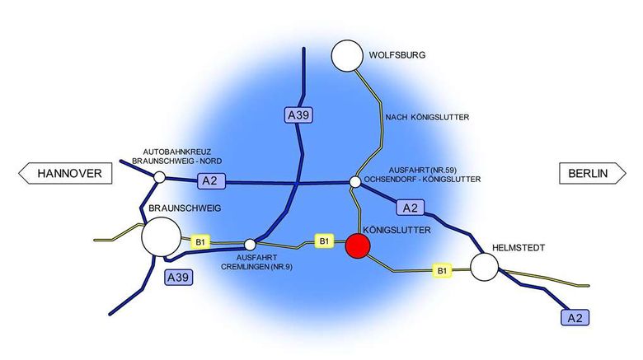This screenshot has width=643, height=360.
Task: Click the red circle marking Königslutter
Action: coord(358,245)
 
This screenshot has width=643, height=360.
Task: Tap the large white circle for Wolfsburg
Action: coord(347,56)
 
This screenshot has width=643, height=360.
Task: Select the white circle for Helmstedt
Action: coord(484,267)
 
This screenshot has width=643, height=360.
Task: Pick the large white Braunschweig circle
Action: coord(161,237)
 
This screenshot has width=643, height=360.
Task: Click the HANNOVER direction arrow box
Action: coord(65,174)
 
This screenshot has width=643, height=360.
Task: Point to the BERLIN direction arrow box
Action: coord(593,174)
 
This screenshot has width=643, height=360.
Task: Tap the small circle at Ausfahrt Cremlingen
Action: coord(250,245)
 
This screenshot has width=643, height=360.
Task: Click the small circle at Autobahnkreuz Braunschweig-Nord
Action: coord(160,178)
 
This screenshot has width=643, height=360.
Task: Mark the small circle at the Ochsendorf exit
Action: coord(355,182)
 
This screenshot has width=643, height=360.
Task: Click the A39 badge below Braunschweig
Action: coord(178,278)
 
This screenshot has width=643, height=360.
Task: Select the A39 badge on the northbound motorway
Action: coord(298,115)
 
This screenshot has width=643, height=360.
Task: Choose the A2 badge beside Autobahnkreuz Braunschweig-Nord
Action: coord(212,180)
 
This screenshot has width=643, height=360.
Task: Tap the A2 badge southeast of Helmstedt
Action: coord(575,318)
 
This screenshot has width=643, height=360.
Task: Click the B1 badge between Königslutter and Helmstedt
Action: coord(442,270)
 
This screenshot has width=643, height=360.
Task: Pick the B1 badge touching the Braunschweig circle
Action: coord(200,242)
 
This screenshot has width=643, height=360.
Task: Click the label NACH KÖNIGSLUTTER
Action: coord(427,117)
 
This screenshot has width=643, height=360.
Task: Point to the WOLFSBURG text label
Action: coord(397,55)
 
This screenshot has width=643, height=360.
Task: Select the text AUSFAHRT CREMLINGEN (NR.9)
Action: coord(256,262)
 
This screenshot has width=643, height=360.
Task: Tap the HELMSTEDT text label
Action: coord(519,248)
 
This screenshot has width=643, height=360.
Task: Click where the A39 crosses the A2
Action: coord(297,183)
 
